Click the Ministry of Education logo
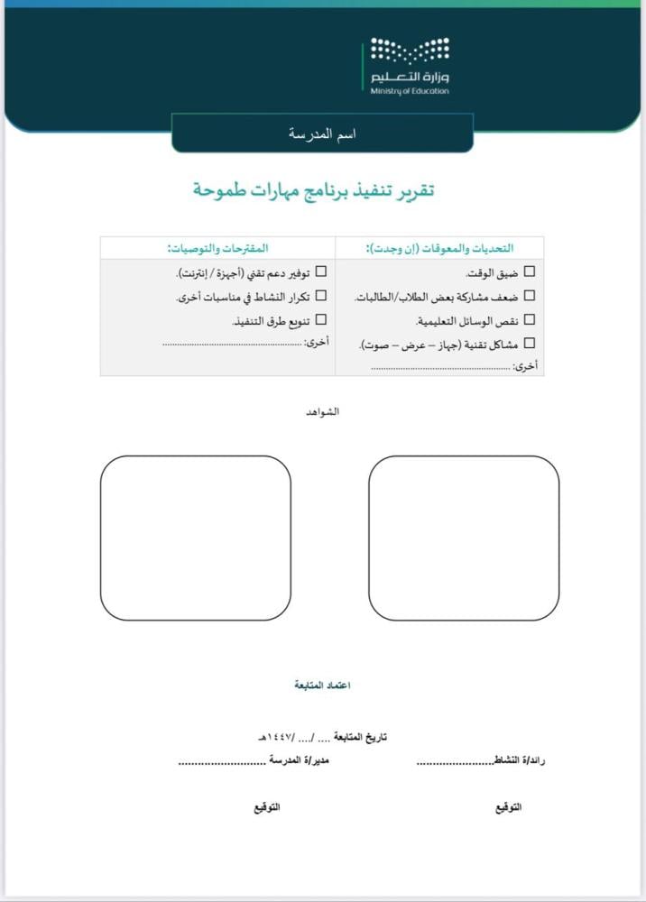tap(409, 67)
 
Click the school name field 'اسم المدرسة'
tap(322, 133)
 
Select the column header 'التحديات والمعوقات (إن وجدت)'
tap(438, 247)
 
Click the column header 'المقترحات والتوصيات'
tap(217, 247)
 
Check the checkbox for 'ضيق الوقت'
tap(529, 272)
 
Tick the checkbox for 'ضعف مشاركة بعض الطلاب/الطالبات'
tap(529, 296)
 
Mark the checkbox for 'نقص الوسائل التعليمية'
tap(529, 319)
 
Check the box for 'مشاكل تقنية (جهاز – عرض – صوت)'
tap(529, 343)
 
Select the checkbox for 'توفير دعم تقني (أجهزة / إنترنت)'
tap(320, 272)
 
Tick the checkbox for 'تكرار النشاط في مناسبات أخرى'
tap(320, 296)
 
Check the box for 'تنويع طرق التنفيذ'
tap(320, 319)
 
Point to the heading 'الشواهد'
tap(323, 412)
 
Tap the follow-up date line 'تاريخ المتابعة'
tap(322, 738)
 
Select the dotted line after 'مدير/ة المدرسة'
tap(221, 761)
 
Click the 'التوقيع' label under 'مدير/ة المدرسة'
tap(266, 806)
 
